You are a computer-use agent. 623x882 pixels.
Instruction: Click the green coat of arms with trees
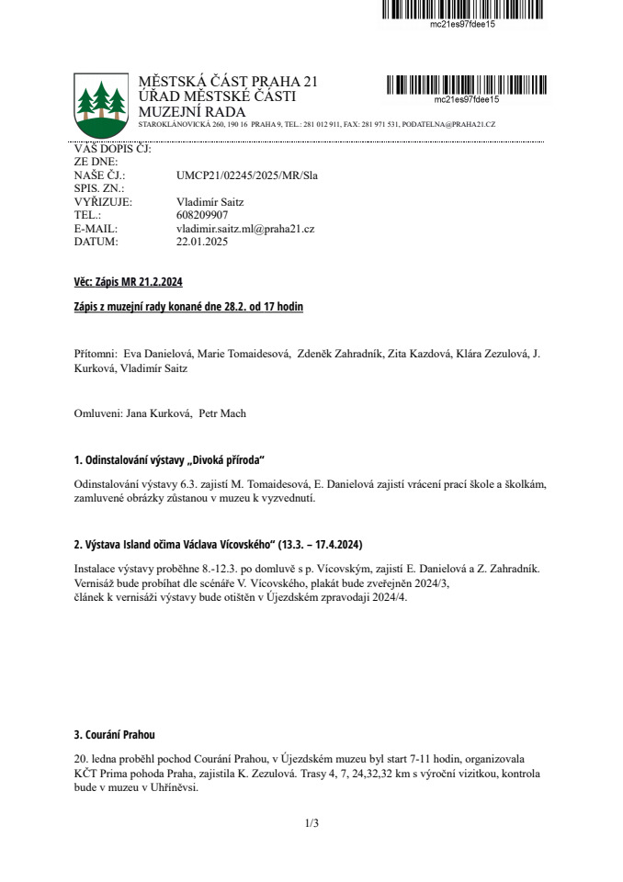tap(101, 102)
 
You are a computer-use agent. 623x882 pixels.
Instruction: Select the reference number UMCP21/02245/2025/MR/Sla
tap(246, 175)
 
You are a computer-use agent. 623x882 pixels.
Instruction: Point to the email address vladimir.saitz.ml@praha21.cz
tap(245, 229)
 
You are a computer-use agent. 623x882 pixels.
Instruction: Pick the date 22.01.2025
tap(201, 243)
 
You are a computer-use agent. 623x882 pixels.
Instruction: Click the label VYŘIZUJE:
tap(103, 202)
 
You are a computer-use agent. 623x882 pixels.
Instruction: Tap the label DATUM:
tap(96, 243)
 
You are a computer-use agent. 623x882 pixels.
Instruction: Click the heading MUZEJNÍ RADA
tap(191, 112)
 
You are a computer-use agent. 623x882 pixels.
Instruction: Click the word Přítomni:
tap(96, 354)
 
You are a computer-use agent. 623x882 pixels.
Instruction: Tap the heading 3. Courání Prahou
tap(115, 735)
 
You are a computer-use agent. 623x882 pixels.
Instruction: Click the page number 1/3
tap(311, 823)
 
